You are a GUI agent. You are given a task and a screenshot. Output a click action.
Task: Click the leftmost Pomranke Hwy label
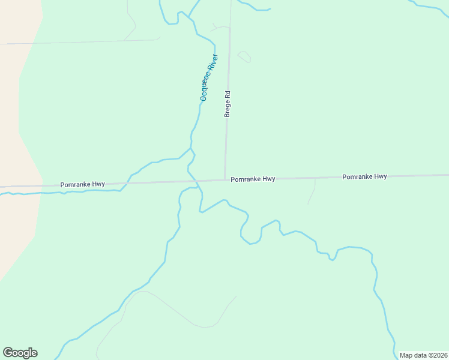(82, 184)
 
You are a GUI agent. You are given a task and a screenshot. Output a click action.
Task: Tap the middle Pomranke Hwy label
(253, 179)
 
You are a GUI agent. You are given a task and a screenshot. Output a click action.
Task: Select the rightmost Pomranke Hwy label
(364, 177)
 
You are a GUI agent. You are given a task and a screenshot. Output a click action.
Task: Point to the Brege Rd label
(228, 104)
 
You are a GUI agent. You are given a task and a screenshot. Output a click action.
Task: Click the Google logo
(20, 353)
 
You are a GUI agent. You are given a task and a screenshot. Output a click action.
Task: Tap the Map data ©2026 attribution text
(424, 355)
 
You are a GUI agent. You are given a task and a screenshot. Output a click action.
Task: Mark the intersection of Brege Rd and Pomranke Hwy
(225, 179)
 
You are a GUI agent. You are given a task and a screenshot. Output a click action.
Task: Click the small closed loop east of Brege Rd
(244, 56)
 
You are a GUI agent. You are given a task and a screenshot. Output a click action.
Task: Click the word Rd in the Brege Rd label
(228, 94)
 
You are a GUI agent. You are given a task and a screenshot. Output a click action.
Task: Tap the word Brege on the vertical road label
(228, 108)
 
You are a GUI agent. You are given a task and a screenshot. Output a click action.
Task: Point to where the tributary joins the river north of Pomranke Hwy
(191, 148)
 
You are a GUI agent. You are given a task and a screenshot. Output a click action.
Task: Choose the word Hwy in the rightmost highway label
(381, 177)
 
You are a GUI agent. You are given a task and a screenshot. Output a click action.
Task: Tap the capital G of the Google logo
(8, 353)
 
